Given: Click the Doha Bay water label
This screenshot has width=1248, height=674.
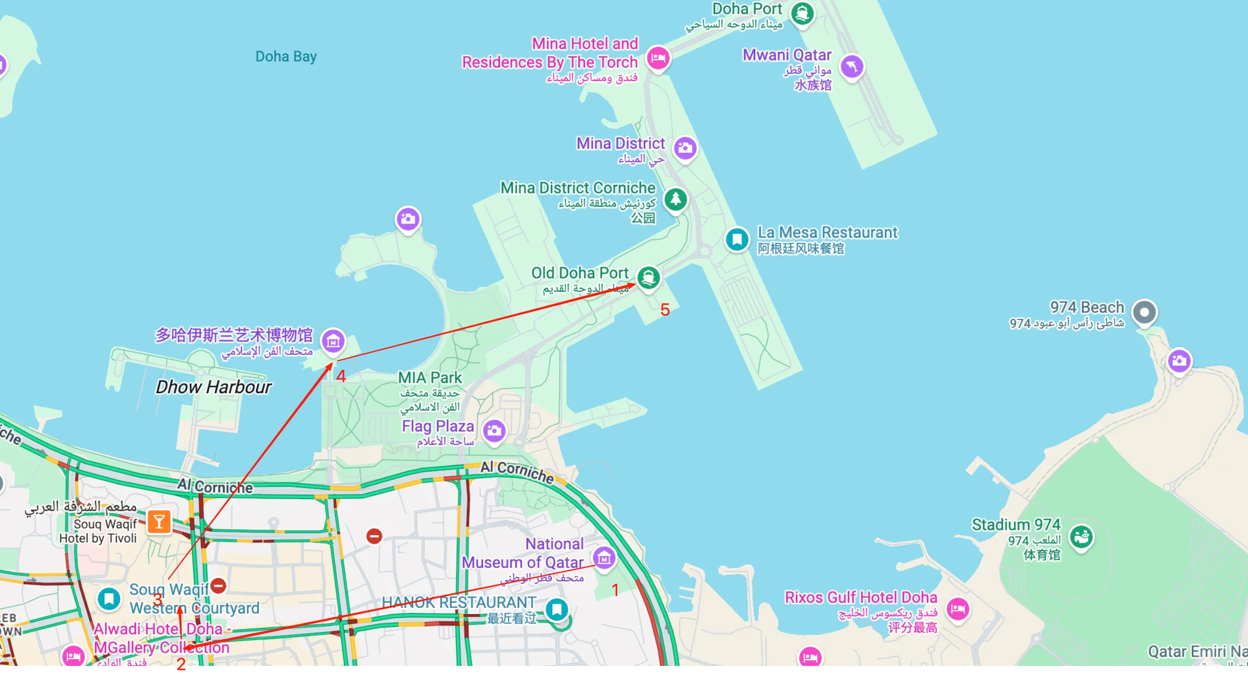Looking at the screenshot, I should coord(286,57).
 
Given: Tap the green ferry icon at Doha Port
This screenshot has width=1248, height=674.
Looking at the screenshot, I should coord(802,13).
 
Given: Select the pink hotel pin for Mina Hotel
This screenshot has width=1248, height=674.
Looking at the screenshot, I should coord(658,59).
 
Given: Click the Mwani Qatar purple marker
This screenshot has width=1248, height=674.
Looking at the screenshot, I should coord(852,66).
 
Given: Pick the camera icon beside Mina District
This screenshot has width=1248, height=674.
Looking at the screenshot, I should coord(685,148).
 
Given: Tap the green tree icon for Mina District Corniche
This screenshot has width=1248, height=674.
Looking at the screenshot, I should coord(675,200).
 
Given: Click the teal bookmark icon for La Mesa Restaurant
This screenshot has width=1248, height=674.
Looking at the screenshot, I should coord(737,239).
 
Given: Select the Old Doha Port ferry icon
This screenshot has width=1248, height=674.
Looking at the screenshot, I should coord(648,277).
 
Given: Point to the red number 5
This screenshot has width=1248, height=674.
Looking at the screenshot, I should coord(665,310).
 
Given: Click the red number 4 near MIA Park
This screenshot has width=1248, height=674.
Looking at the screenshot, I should coord(341,376).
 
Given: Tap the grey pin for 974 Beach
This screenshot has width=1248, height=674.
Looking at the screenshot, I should coord(1144,312).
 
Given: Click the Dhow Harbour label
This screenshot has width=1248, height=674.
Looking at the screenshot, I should coord(213,387).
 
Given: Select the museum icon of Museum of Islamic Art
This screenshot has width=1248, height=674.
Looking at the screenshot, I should coord(333,341).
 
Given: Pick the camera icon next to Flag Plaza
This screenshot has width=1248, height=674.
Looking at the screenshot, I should coord(494,431).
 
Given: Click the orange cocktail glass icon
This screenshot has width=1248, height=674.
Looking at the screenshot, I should coord(159,522).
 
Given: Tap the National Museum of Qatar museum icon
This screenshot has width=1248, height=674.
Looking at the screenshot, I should coord(603,558).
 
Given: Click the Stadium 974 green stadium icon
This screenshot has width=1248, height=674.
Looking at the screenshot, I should coord(1081,536).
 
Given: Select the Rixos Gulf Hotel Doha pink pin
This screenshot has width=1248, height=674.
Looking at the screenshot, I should coord(958,608).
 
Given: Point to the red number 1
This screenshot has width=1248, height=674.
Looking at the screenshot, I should coord(615,590).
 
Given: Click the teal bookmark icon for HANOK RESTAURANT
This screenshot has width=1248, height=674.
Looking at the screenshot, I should coord(557,608).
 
